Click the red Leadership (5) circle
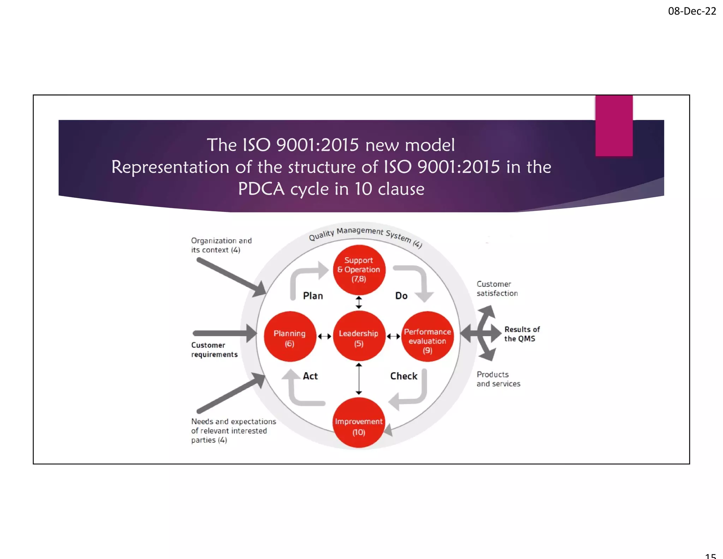(359, 336)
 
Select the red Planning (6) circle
(290, 336)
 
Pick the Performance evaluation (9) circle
(428, 336)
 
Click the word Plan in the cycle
(313, 296)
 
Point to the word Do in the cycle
(401, 296)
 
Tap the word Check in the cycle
(404, 376)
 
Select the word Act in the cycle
(310, 376)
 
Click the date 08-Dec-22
(692, 11)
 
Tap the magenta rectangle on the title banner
(614, 125)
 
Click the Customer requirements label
(214, 350)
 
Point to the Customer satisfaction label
(497, 289)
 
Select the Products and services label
(498, 379)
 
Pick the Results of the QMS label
(522, 334)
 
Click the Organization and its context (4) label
(221, 245)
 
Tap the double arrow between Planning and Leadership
(324, 336)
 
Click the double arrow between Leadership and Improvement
(359, 379)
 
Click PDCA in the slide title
(261, 189)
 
